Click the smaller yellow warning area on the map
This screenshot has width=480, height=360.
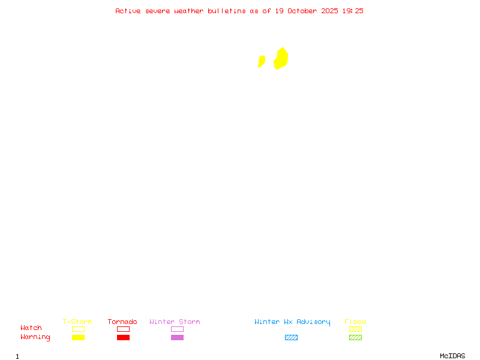262,61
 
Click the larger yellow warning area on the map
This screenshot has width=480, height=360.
281,59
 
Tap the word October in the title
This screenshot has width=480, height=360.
307,11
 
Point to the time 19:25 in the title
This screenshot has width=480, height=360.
353,11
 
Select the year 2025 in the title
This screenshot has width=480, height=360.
330,11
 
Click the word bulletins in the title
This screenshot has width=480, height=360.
226,11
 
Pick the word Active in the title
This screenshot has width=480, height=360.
128,11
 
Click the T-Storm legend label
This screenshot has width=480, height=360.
77,322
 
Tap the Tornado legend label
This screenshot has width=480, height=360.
122,322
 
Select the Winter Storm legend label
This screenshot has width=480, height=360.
175,322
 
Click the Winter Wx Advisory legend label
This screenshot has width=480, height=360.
292,322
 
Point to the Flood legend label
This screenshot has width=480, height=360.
355,322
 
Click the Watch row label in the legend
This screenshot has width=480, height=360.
31,328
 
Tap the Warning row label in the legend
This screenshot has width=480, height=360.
35,337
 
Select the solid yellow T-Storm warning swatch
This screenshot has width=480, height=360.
78,338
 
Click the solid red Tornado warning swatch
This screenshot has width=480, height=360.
123,338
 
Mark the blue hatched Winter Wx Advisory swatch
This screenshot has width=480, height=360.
291,338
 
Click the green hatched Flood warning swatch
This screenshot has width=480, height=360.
355,338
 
